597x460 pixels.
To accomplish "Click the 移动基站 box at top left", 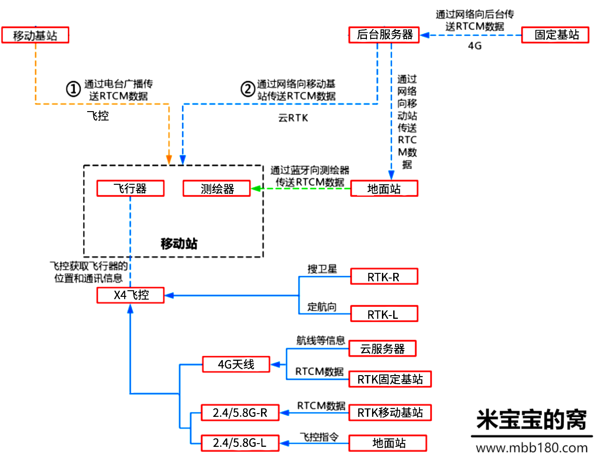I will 35,35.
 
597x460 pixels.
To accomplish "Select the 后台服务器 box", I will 384,35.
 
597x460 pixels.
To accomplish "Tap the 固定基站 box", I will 555,35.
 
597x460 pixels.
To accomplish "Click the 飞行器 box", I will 130,189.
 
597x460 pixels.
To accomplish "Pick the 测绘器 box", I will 216,189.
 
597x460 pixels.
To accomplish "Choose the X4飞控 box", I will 130,295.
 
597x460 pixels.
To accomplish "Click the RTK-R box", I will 384,277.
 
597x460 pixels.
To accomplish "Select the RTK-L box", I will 384,314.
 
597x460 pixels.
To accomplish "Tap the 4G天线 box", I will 236,364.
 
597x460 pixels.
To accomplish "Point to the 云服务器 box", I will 382,348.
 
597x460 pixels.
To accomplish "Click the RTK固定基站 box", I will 390,379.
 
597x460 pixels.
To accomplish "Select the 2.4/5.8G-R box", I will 240,413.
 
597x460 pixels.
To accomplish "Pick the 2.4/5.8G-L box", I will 240,443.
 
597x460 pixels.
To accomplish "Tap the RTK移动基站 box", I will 390,413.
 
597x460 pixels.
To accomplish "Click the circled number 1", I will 73,89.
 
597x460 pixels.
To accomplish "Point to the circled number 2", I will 247,89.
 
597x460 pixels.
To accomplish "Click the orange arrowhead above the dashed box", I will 169,160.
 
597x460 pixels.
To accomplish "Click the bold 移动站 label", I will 179,243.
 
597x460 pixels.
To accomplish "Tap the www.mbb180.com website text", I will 532,448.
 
